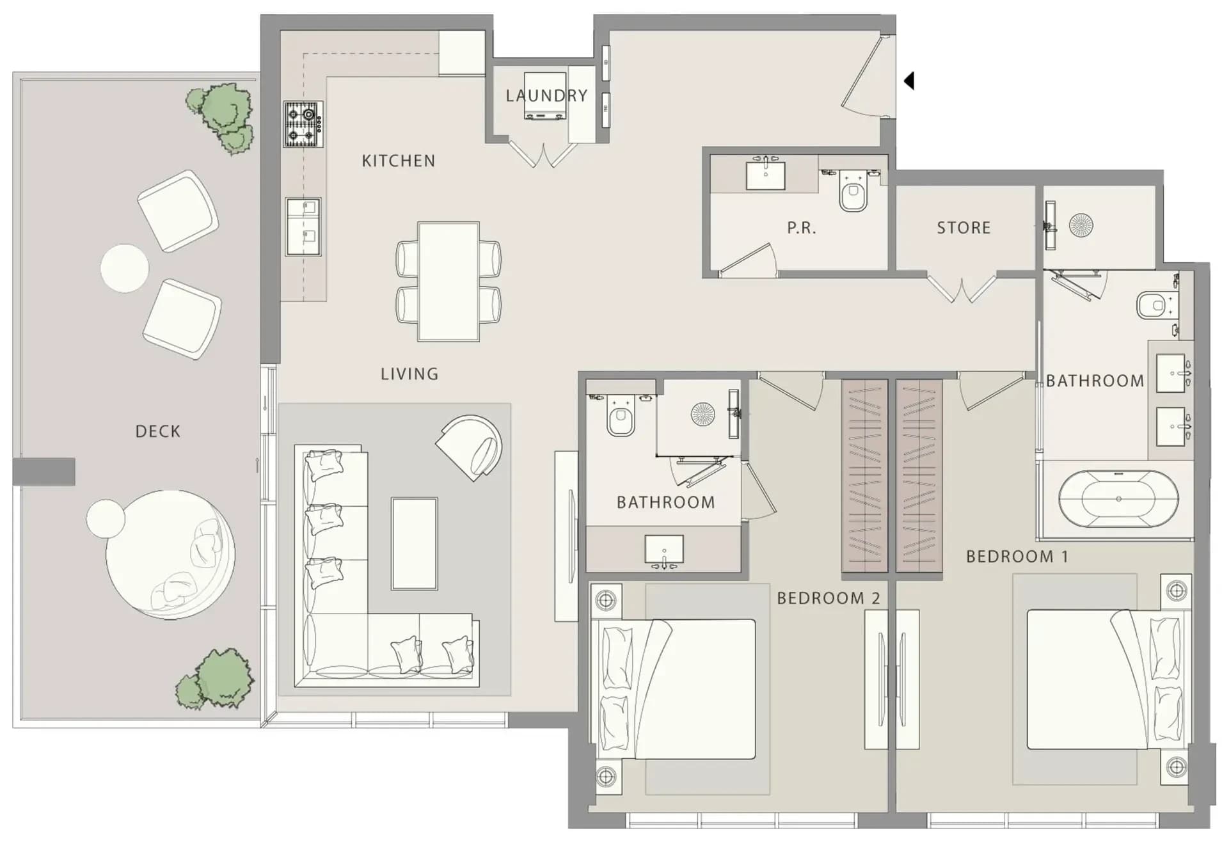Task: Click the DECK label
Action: pos(157,431)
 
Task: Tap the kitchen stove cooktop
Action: pos(303,124)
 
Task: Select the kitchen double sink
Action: pos(303,227)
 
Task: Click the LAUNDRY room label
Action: pos(546,96)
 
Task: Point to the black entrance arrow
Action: pos(909,81)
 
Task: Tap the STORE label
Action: pos(964,228)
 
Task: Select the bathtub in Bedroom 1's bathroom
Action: pos(1118,499)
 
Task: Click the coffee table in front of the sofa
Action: pos(415,544)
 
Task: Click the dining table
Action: pos(448,282)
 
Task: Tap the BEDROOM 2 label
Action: pos(829,598)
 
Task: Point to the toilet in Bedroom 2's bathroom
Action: pos(620,417)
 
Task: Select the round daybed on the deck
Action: pos(170,554)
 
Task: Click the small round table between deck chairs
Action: pos(125,268)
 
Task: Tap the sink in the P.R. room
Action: pos(765,174)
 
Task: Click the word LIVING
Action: pos(409,374)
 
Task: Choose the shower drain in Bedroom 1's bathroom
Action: pos(1081,225)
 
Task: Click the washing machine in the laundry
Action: pos(544,96)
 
